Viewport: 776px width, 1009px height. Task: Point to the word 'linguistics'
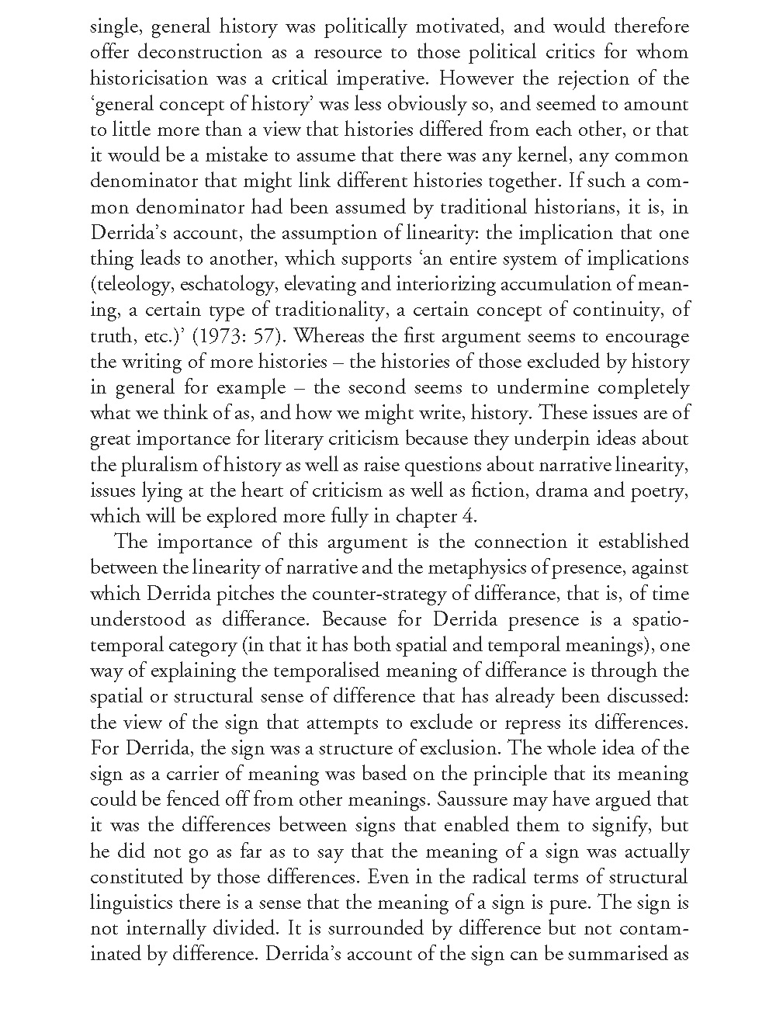(131, 903)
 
